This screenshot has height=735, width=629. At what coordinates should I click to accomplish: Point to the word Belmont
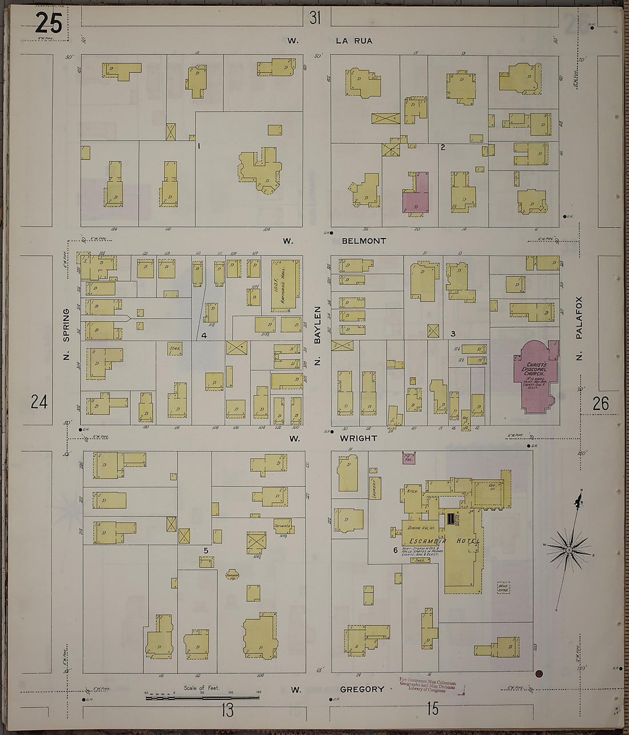(364, 241)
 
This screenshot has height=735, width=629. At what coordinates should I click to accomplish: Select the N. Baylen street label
(317, 336)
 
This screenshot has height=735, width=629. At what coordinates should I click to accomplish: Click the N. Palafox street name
(579, 329)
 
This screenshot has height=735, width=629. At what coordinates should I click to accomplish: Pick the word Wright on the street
(359, 438)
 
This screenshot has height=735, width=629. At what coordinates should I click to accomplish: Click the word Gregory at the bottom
(362, 689)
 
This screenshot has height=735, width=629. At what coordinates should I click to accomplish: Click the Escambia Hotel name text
(443, 541)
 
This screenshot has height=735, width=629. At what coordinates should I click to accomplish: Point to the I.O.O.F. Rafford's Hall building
(284, 284)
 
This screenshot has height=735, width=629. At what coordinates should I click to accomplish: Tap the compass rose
(569, 550)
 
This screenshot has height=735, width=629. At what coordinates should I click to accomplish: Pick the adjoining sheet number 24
(39, 402)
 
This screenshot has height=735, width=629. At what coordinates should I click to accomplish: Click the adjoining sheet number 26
(600, 404)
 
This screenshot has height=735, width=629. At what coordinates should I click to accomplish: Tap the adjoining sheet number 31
(315, 18)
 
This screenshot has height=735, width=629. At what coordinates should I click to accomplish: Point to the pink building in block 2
(416, 194)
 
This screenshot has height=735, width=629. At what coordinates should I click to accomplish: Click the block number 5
(206, 550)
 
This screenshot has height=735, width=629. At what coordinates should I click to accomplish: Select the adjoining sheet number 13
(227, 710)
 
